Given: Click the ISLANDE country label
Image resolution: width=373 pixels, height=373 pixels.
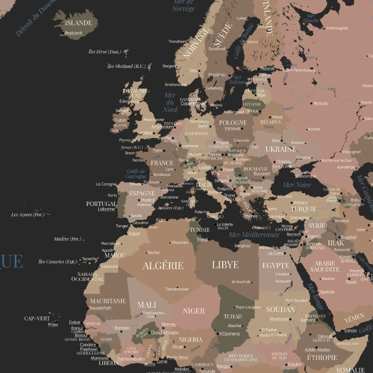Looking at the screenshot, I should tap(78, 23).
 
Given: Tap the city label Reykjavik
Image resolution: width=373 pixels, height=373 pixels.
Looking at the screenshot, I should tap(74, 33).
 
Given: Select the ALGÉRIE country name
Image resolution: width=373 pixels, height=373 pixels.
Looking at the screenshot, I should tap(163, 265).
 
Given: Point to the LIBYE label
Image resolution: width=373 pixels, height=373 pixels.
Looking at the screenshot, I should tap(225, 265).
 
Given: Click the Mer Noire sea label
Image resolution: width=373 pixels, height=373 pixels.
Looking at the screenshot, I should tap(297, 185).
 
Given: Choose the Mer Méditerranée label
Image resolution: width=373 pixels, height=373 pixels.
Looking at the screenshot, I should tap(254, 235).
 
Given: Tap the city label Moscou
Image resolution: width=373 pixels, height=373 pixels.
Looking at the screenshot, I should tap(321, 103).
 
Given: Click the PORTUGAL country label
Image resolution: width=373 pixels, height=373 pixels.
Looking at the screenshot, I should tap(101, 204).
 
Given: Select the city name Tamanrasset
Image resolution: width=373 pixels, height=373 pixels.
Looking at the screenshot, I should tap(177, 289).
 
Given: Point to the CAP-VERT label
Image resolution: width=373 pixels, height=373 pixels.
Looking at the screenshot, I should tap(37, 318).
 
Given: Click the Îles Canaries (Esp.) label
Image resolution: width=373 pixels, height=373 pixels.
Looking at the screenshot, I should tap(57, 262).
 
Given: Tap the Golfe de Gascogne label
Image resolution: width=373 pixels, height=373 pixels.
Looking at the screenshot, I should tap(136, 174).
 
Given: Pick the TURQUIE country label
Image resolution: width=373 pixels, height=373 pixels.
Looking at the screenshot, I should tap(303, 209).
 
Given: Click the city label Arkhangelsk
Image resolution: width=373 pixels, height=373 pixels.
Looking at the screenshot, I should tap(337, 28).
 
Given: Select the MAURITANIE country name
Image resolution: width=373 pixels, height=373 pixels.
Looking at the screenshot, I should tap(108, 301).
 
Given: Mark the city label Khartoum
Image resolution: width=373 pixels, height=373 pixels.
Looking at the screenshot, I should tap(279, 319).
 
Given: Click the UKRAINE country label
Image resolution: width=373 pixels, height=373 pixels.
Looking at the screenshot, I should tap(281, 149).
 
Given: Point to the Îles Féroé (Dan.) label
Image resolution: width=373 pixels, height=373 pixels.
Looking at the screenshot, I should tap(105, 52).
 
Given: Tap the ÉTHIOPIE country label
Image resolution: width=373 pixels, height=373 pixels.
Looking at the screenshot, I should tap(322, 357).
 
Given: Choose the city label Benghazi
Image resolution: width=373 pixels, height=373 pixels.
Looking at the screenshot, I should tap(243, 246).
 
